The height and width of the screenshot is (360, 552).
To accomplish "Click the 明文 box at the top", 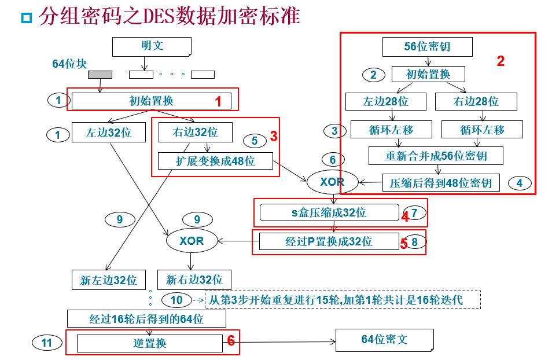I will [x=152, y=46].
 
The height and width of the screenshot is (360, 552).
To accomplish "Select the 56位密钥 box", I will [x=427, y=47].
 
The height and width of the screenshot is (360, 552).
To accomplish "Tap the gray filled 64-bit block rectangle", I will [x=100, y=74].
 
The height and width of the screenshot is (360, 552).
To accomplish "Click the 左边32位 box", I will [x=109, y=133].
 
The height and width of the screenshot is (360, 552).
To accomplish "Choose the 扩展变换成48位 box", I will [x=215, y=160].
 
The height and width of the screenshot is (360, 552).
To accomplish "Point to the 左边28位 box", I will [x=385, y=101].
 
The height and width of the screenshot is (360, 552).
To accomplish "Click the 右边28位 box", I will [x=476, y=101].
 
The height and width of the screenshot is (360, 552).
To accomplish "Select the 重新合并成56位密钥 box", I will [x=436, y=156].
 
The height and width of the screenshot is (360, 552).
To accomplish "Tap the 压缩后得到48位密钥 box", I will [x=440, y=183].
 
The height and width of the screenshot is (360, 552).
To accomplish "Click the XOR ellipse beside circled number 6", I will [x=332, y=182].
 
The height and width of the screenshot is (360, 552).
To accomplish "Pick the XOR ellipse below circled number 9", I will [x=192, y=241].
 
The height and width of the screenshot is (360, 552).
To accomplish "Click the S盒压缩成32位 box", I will [x=329, y=212].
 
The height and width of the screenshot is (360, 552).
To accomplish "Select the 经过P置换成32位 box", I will [x=329, y=241].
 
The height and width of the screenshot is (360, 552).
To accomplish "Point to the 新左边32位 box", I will [x=109, y=280].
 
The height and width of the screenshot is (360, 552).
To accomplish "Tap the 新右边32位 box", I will [x=194, y=280].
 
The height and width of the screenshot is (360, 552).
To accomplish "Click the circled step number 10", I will [x=176, y=300].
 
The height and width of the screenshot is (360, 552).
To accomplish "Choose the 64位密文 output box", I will [x=384, y=339].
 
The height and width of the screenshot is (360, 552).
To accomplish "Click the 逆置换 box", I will [x=149, y=343].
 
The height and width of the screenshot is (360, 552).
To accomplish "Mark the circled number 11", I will [x=47, y=343].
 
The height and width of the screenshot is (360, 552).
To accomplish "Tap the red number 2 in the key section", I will [x=501, y=61].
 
